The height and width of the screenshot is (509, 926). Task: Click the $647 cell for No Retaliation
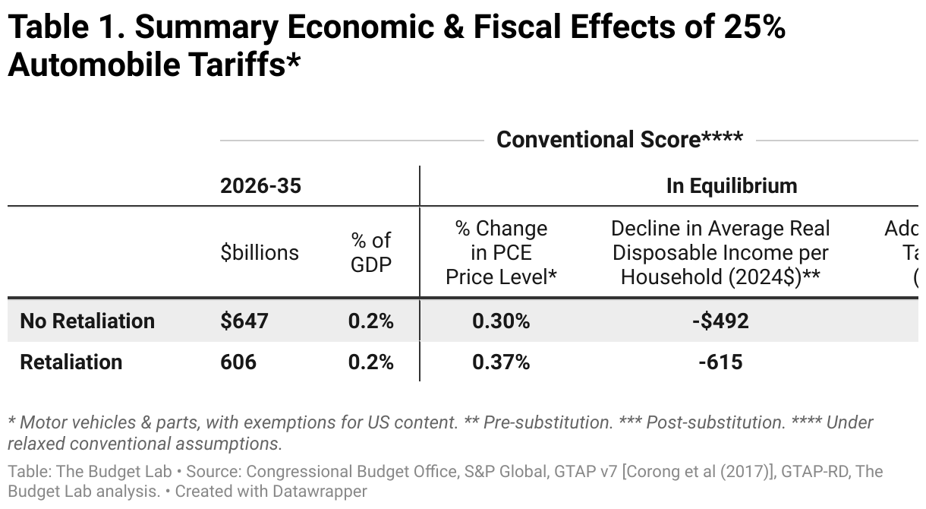[244, 321]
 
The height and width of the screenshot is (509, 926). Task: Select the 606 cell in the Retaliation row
[238, 362]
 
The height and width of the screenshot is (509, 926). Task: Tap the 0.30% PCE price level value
[501, 321]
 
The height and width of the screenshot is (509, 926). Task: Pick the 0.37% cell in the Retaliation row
[501, 362]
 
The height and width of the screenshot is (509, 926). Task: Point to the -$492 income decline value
[720, 321]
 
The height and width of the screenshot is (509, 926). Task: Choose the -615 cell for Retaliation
[720, 362]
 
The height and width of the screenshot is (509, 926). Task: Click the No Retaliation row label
[87, 321]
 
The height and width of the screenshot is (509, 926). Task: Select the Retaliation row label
[71, 362]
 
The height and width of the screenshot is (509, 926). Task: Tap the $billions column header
[260, 252]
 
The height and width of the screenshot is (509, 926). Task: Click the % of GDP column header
[371, 252]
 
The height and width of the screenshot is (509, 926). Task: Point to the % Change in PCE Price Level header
[501, 252]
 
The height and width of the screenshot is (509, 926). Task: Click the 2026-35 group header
[260, 185]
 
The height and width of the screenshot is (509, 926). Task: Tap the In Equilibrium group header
[732, 185]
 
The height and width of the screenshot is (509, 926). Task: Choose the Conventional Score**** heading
[619, 140]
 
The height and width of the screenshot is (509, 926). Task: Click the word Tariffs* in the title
[241, 65]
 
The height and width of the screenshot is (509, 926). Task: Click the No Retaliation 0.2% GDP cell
[371, 321]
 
